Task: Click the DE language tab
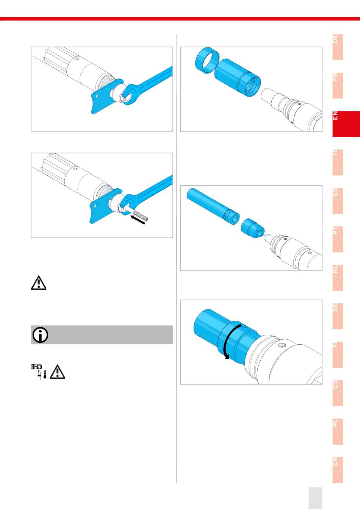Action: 338,47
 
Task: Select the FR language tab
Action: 338,86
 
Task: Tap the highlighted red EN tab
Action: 346,124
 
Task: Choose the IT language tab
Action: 338,162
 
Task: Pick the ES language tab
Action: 338,201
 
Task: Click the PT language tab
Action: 338,239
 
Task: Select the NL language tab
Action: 338,278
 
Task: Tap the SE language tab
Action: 338,316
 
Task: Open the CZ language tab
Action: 338,393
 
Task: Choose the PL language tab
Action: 338,431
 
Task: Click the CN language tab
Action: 338,470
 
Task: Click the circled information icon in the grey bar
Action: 40,335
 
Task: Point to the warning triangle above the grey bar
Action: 38,283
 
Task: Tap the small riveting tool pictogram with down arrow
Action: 39,371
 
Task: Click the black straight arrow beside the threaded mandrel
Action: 138,220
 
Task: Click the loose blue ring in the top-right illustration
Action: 207,61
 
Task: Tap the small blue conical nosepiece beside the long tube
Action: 252,228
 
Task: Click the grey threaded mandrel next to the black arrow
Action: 140,215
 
